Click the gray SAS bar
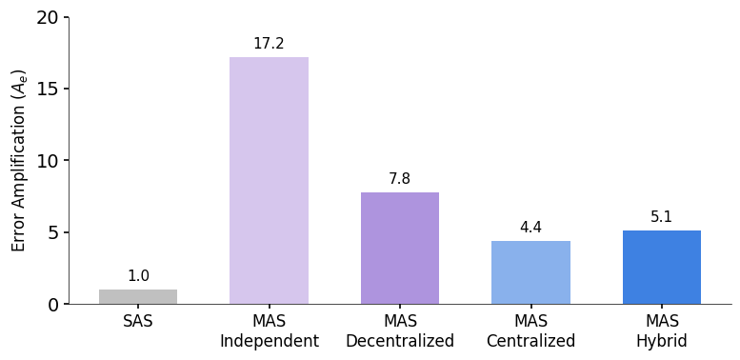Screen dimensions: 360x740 [x=138, y=296]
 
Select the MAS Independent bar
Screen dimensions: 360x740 [x=269, y=181]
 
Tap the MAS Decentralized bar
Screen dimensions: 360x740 [x=400, y=248]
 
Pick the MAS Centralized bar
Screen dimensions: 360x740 [x=530, y=272]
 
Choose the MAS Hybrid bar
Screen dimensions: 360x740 [x=662, y=267]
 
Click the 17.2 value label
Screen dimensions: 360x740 [x=269, y=44]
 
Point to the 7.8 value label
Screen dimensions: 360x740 [x=400, y=179]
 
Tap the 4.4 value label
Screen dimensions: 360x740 [x=530, y=228]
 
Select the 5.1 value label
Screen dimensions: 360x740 [x=662, y=217]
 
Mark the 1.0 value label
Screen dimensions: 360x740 [x=138, y=276]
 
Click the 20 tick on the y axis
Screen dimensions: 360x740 [x=48, y=17]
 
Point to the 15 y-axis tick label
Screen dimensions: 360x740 [x=48, y=89]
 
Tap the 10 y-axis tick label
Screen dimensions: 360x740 [x=48, y=161]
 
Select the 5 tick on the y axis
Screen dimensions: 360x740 [x=53, y=232]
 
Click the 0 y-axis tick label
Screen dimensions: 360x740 [x=53, y=305]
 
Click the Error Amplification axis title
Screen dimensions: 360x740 [x=19, y=160]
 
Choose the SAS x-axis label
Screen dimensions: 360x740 [x=138, y=322]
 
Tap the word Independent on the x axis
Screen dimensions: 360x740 [x=269, y=341]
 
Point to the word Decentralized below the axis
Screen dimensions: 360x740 [x=400, y=341]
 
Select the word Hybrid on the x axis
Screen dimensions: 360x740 [x=662, y=341]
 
